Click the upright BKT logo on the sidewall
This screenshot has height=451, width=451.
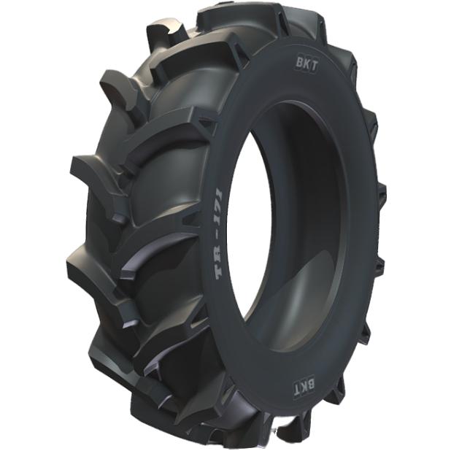coord(306,66)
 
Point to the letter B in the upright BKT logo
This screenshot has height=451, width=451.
coord(298,65)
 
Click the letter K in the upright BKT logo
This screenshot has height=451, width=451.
coord(305,66)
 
